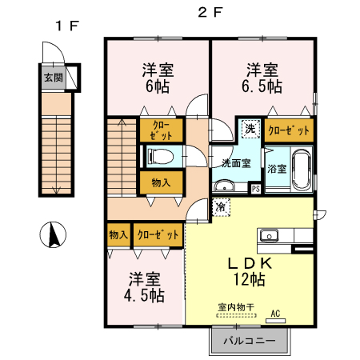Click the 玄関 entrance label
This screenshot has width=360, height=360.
pyautogui.click(x=54, y=78)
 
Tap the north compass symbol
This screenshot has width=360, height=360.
pyautogui.click(x=53, y=234)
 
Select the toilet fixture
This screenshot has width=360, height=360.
pyautogui.click(x=161, y=156)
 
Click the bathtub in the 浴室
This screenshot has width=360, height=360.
pyautogui.click(x=302, y=169)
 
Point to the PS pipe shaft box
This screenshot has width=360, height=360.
pyautogui.click(x=256, y=189)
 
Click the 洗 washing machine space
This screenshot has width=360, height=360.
pyautogui.click(x=250, y=129)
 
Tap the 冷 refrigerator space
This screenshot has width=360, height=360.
pyautogui.click(x=221, y=207)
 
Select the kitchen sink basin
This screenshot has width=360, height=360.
pyautogui.click(x=269, y=236)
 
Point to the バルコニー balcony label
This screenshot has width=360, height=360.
pyautogui.click(x=250, y=341)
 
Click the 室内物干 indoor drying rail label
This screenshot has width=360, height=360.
pyautogui.click(x=236, y=307)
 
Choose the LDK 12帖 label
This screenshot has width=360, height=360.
pyautogui.click(x=250, y=271)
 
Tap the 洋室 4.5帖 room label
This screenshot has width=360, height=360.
pyautogui.click(x=144, y=287)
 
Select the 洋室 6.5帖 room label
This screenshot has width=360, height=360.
pyautogui.click(x=262, y=78)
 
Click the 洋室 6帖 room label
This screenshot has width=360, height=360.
pyautogui.click(x=158, y=78)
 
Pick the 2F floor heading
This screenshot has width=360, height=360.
pyautogui.click(x=210, y=12)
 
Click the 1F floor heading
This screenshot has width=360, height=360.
pyautogui.click(x=67, y=26)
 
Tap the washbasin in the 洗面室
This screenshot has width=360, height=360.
pyautogui.click(x=225, y=185)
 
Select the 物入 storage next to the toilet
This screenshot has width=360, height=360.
pyautogui.click(x=161, y=182)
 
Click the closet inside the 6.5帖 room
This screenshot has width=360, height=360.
pyautogui.click(x=289, y=130)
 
